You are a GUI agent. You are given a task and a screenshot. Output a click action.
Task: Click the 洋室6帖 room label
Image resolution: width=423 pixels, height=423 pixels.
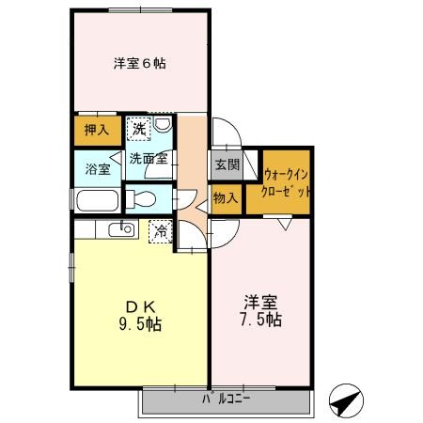click(140, 63)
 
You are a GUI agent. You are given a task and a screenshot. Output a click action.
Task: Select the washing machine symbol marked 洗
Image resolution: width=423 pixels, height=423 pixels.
click(139, 128)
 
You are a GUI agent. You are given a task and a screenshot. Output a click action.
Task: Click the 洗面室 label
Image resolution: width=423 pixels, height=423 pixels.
click(149, 158)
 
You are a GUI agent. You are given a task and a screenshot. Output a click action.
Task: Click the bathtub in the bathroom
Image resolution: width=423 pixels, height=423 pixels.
click(96, 200)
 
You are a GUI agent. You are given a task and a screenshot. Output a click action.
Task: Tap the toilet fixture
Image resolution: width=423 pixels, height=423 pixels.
click(140, 198)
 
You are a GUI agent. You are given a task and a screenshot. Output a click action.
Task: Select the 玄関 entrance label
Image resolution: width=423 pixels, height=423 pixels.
click(227, 164)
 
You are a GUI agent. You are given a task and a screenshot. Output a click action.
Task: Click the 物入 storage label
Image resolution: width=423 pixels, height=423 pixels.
click(225, 198)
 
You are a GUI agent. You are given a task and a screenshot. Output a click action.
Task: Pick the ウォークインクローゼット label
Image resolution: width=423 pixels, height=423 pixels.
click(288, 181)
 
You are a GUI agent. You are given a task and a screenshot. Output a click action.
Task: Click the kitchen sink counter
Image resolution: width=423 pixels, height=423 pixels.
click(117, 230)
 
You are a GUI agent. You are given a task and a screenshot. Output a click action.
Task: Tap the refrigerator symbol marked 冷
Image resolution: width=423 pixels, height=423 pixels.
click(161, 229)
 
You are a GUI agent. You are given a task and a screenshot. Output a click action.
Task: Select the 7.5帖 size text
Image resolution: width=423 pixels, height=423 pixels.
click(261, 320)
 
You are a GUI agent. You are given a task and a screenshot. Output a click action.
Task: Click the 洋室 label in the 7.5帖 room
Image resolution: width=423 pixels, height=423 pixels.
click(260, 301)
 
